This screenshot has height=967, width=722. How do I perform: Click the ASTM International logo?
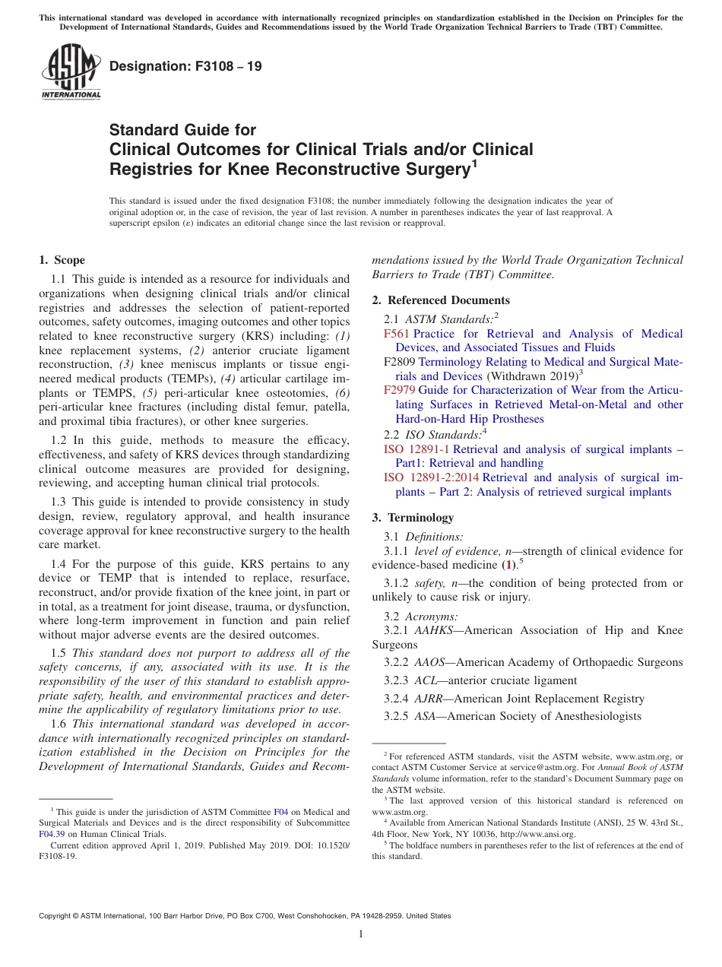tap(71, 71)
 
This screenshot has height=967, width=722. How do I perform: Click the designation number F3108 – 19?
tap(185, 66)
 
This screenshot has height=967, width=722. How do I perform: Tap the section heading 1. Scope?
tap(62, 260)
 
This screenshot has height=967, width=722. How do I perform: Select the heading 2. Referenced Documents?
tap(441, 300)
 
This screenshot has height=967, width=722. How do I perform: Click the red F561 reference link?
tap(397, 334)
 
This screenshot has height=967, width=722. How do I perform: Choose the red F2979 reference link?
tap(399, 390)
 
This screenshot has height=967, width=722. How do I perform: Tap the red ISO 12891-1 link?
tap(416, 449)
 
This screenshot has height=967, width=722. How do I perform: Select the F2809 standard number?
tap(400, 362)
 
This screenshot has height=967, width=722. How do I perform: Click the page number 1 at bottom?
tap(361, 934)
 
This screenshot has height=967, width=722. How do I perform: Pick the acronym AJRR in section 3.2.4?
tap(428, 699)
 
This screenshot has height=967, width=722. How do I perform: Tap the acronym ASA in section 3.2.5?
tap(425, 716)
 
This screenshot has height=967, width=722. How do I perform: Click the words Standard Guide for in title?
tap(183, 130)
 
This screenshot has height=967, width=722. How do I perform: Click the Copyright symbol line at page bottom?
tap(245, 916)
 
